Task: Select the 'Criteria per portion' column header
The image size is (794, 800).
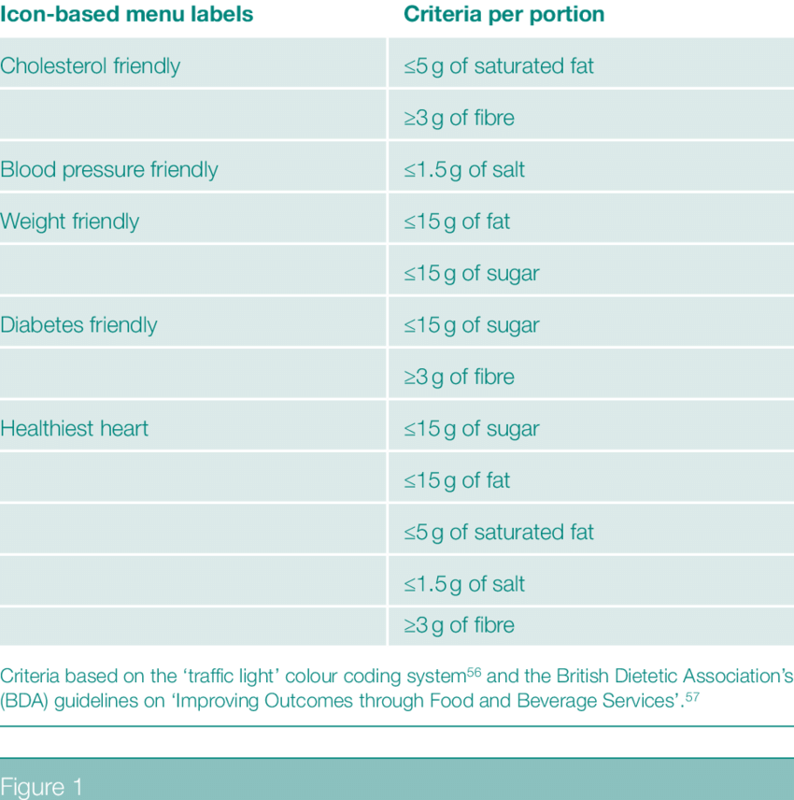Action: [x=503, y=16]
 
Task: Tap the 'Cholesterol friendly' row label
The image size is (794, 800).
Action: [x=91, y=66]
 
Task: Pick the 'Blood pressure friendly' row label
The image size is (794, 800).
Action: [x=109, y=170]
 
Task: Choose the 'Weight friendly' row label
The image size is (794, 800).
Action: [x=70, y=221]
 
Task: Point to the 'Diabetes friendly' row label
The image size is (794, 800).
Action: [x=78, y=325]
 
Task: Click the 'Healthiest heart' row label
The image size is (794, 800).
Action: [x=75, y=429]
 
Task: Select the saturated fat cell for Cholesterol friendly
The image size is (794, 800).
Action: [x=499, y=66]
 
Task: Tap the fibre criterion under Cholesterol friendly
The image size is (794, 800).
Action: [x=459, y=118]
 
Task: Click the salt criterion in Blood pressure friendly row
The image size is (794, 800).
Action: [x=464, y=170]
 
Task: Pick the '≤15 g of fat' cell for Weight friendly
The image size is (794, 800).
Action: [x=457, y=221]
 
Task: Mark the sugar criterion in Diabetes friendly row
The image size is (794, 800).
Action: [x=472, y=325]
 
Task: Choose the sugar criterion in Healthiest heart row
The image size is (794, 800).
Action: [x=472, y=429]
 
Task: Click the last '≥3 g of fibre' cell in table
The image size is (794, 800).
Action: [x=459, y=625]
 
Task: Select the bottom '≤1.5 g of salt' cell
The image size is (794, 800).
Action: [x=464, y=584]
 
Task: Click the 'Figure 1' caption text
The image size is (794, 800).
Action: [x=42, y=786]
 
